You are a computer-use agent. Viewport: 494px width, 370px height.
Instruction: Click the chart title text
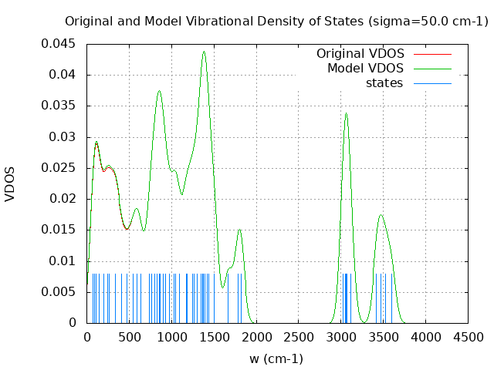click(x=276, y=22)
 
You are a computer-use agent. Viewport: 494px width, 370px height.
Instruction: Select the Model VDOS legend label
click(x=366, y=69)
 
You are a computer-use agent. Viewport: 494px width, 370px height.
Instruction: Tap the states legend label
click(x=384, y=82)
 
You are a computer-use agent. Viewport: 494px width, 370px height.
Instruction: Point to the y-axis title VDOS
click(x=10, y=184)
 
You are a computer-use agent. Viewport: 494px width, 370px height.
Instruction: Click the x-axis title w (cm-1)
click(x=276, y=358)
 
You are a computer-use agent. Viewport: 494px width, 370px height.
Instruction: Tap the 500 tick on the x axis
click(x=129, y=337)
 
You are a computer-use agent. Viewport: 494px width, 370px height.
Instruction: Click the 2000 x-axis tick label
click(x=256, y=337)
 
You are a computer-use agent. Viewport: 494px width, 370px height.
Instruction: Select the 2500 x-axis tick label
click(x=299, y=337)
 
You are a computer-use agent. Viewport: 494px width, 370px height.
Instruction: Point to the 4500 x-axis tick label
click(x=469, y=337)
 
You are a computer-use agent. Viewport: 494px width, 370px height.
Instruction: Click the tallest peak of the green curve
click(x=204, y=52)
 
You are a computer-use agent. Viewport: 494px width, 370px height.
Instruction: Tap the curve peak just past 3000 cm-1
click(x=346, y=113)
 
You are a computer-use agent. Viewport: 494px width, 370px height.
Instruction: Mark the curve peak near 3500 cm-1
click(x=381, y=215)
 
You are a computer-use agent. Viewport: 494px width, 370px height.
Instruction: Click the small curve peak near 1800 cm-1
click(x=240, y=230)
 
